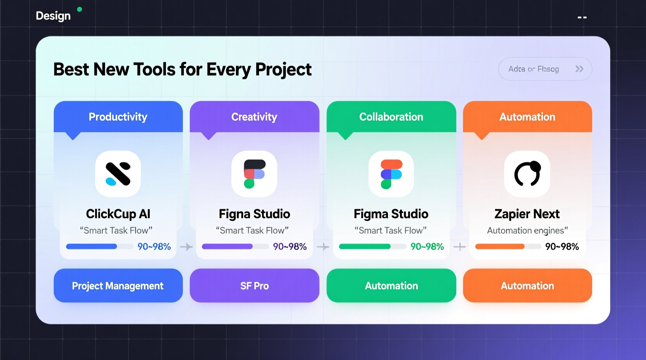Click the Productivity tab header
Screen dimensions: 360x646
point(118,117)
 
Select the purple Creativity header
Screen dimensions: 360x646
point(254,117)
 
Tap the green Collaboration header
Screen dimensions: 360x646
point(391,117)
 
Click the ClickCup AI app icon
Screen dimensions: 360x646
point(118,174)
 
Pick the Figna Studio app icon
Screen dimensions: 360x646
point(254,174)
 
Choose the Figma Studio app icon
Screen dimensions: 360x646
point(391,174)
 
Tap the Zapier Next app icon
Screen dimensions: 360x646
point(527,174)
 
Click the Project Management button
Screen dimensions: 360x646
point(118,286)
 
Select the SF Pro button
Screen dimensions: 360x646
point(254,286)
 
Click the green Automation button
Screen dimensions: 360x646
point(391,286)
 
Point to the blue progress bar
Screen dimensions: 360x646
point(92,246)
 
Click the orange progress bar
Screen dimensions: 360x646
point(500,246)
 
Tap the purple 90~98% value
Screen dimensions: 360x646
point(290,246)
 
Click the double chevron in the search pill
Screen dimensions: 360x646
point(579,69)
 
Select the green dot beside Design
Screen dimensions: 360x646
point(80,9)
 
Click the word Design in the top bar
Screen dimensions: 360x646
point(53,16)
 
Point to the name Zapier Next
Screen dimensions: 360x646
point(527,214)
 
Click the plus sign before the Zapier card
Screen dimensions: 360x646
point(460,247)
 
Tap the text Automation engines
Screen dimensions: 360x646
point(527,230)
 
